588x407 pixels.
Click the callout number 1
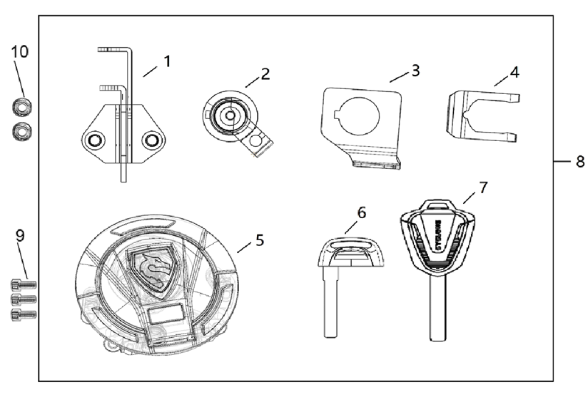pyautogui.click(x=167, y=61)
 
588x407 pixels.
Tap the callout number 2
pyautogui.click(x=265, y=74)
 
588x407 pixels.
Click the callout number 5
pyautogui.click(x=260, y=240)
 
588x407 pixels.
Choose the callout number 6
pyautogui.click(x=361, y=212)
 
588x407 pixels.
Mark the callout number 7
pyautogui.click(x=483, y=187)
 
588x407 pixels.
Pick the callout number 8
pyautogui.click(x=579, y=162)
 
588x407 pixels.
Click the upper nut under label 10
pyautogui.click(x=20, y=107)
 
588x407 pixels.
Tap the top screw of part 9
pyautogui.click(x=24, y=285)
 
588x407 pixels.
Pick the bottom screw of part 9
pyautogui.click(x=24, y=313)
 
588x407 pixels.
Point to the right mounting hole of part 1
pyautogui.click(x=151, y=141)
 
